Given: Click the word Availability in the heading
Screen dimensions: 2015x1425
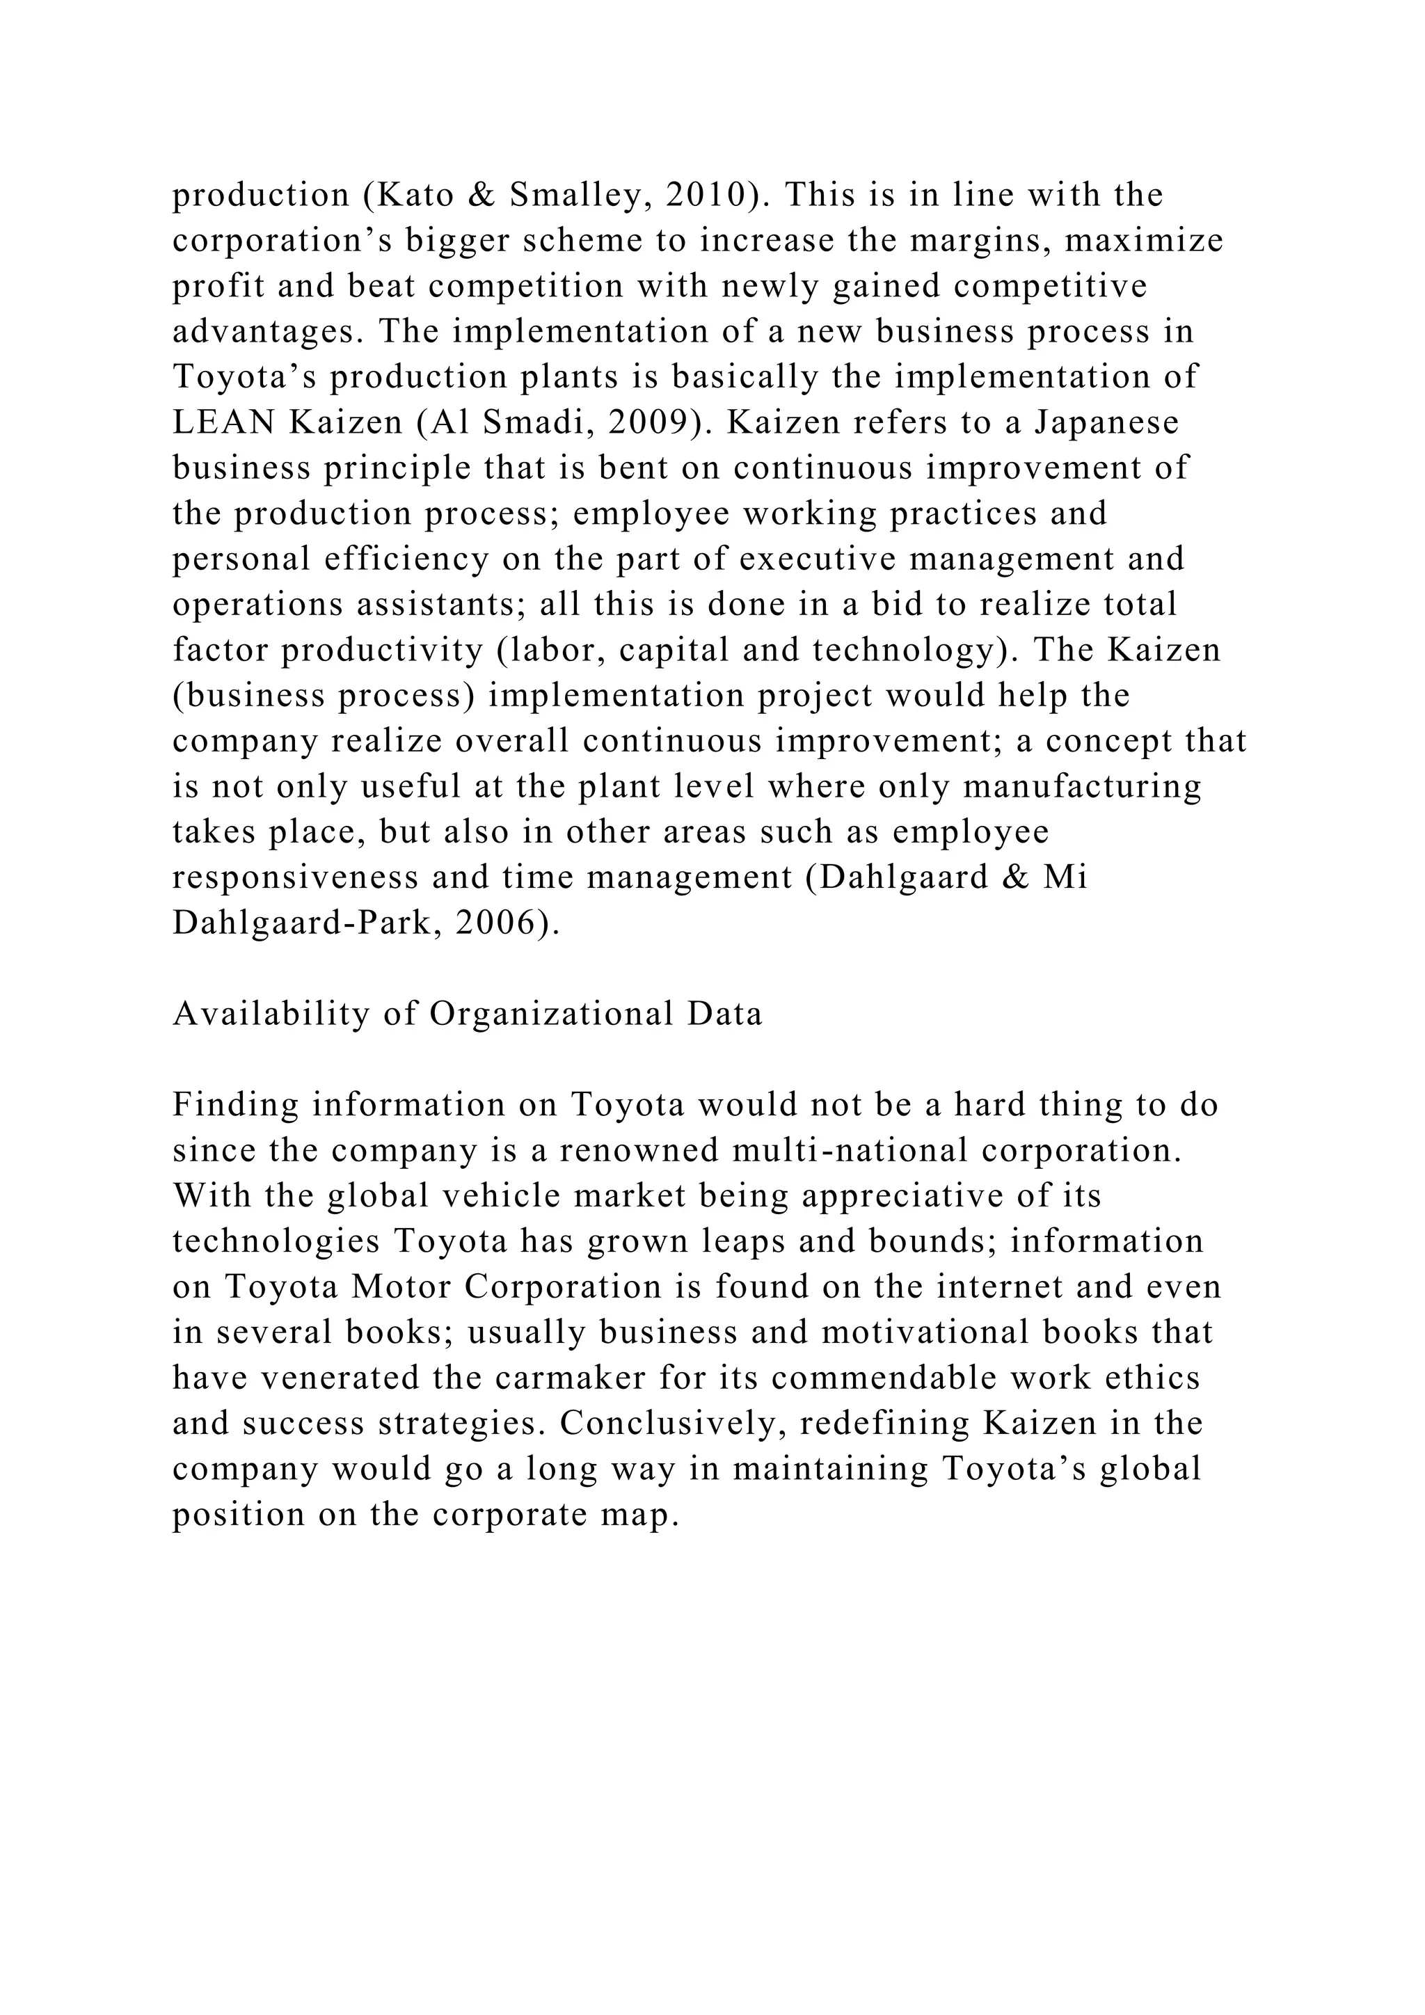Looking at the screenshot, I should pyautogui.click(x=271, y=1014).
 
